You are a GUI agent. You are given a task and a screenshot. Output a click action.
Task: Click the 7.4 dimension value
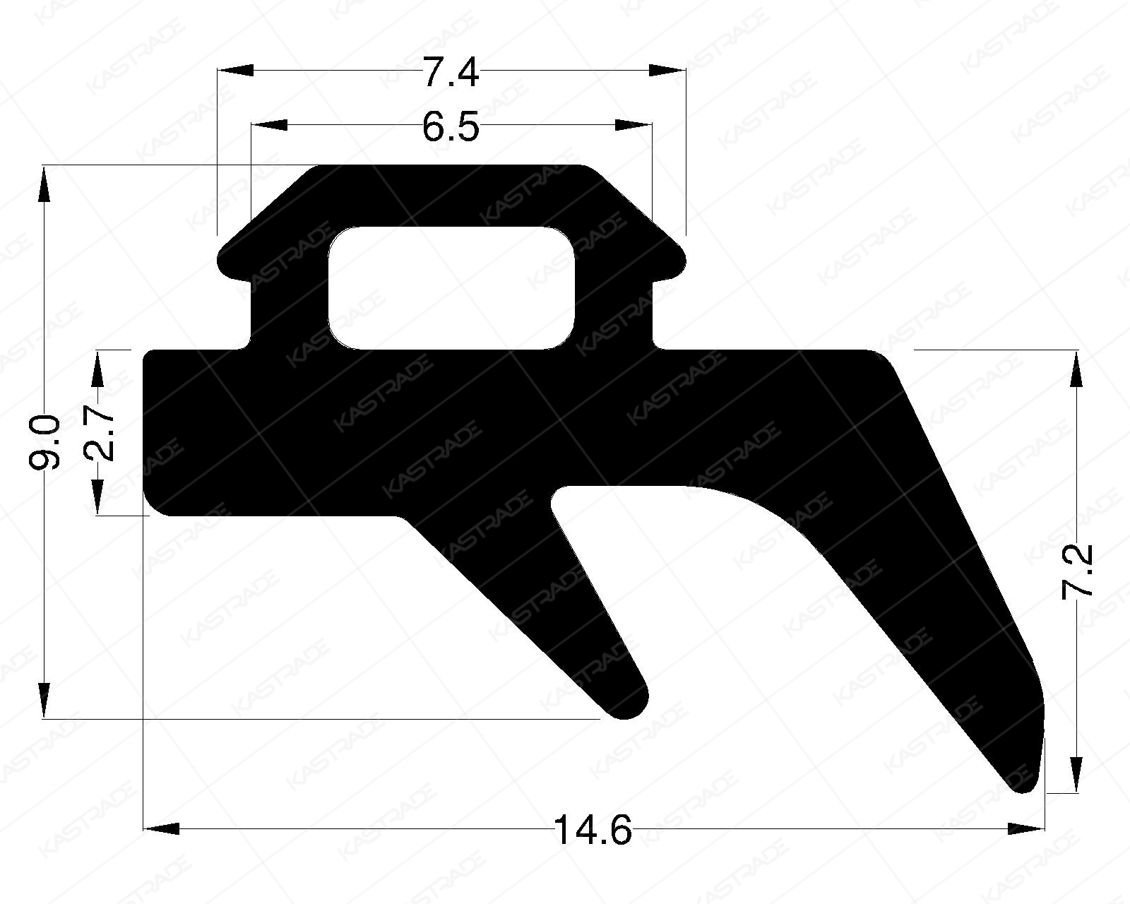pyautogui.click(x=451, y=73)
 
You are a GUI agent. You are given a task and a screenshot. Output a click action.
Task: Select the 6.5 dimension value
pyautogui.click(x=451, y=129)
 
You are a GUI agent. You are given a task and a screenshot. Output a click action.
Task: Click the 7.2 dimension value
pyautogui.click(x=1078, y=571)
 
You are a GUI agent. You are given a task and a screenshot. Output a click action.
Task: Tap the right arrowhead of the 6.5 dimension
pyautogui.click(x=634, y=125)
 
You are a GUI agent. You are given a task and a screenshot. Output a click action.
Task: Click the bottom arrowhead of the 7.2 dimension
pyautogui.click(x=1076, y=774)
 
